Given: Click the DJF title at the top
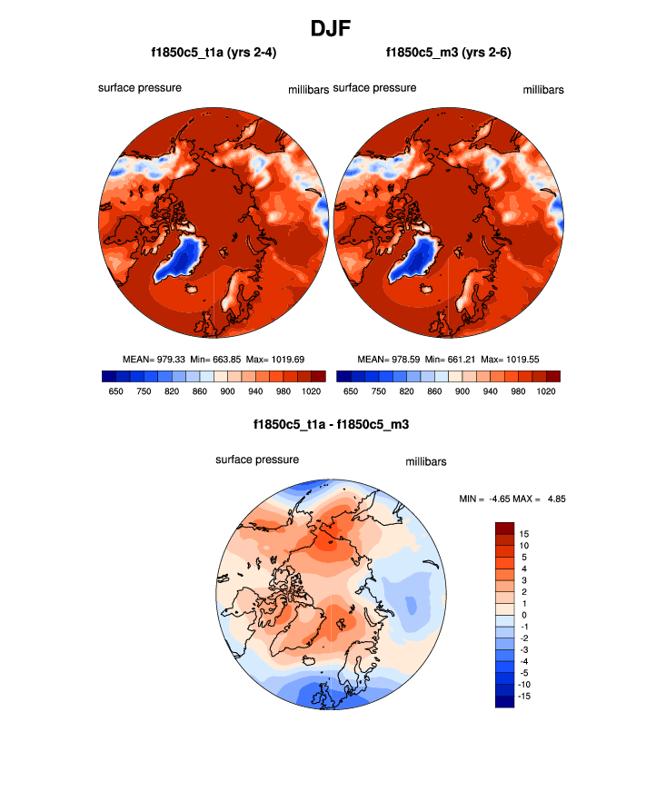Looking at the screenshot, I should coord(333,28).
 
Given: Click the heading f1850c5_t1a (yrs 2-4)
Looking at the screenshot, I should coord(214,53).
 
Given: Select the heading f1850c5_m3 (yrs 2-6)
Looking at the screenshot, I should coord(449,53).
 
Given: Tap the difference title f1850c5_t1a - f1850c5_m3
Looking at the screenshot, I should coord(332,424).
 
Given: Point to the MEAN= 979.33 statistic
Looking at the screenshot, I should coord(154,359).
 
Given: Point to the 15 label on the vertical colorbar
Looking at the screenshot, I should coord(524,534).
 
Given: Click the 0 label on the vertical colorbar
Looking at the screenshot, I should coord(523,615).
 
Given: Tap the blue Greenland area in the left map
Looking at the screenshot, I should coord(185,256).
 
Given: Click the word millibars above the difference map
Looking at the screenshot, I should coord(426,461).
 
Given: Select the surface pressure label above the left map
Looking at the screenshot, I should coord(140,88).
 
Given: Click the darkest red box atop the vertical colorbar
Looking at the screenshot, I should coord(505,528).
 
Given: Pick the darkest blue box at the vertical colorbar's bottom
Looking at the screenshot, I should coord(505,700).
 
